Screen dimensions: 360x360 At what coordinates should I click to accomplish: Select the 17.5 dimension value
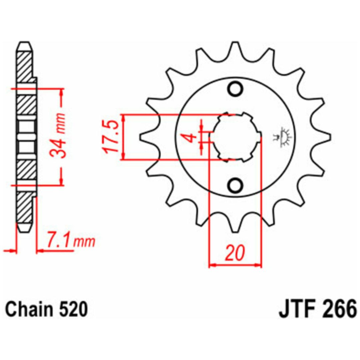(111, 137)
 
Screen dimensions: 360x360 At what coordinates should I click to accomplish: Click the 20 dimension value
(235, 253)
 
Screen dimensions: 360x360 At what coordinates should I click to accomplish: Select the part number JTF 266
(318, 309)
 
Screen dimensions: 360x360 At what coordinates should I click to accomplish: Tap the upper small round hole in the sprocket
(235, 89)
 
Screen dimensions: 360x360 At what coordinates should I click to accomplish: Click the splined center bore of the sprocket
(235, 137)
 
